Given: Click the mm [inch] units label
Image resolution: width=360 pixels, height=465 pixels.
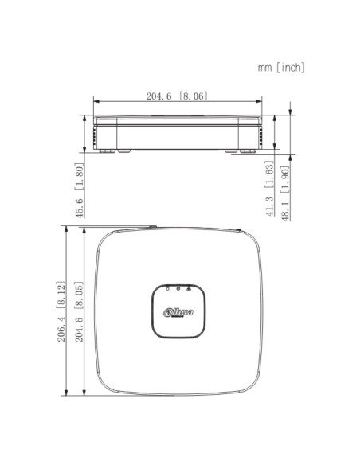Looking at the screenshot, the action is pyautogui.click(x=281, y=68).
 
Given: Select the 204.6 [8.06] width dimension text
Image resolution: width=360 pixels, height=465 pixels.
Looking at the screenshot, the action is pyautogui.click(x=177, y=96).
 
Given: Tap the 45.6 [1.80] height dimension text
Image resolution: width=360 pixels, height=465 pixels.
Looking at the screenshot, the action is pyautogui.click(x=79, y=190).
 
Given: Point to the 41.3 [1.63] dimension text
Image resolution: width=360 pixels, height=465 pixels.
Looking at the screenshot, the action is pyautogui.click(x=269, y=189).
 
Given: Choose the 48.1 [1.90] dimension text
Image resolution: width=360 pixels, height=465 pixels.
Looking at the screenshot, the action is pyautogui.click(x=285, y=193).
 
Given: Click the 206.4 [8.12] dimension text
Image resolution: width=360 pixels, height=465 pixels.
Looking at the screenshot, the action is pyautogui.click(x=61, y=311).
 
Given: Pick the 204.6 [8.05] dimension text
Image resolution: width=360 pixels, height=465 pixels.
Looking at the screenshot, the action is pyautogui.click(x=79, y=311).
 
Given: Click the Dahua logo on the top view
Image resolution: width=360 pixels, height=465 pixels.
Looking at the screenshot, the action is pyautogui.click(x=178, y=312).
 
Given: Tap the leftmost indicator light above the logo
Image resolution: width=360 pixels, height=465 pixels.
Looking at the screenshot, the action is pyautogui.click(x=168, y=288).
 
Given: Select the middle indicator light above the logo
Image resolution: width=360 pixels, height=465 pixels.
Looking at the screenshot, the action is pyautogui.click(x=178, y=288).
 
